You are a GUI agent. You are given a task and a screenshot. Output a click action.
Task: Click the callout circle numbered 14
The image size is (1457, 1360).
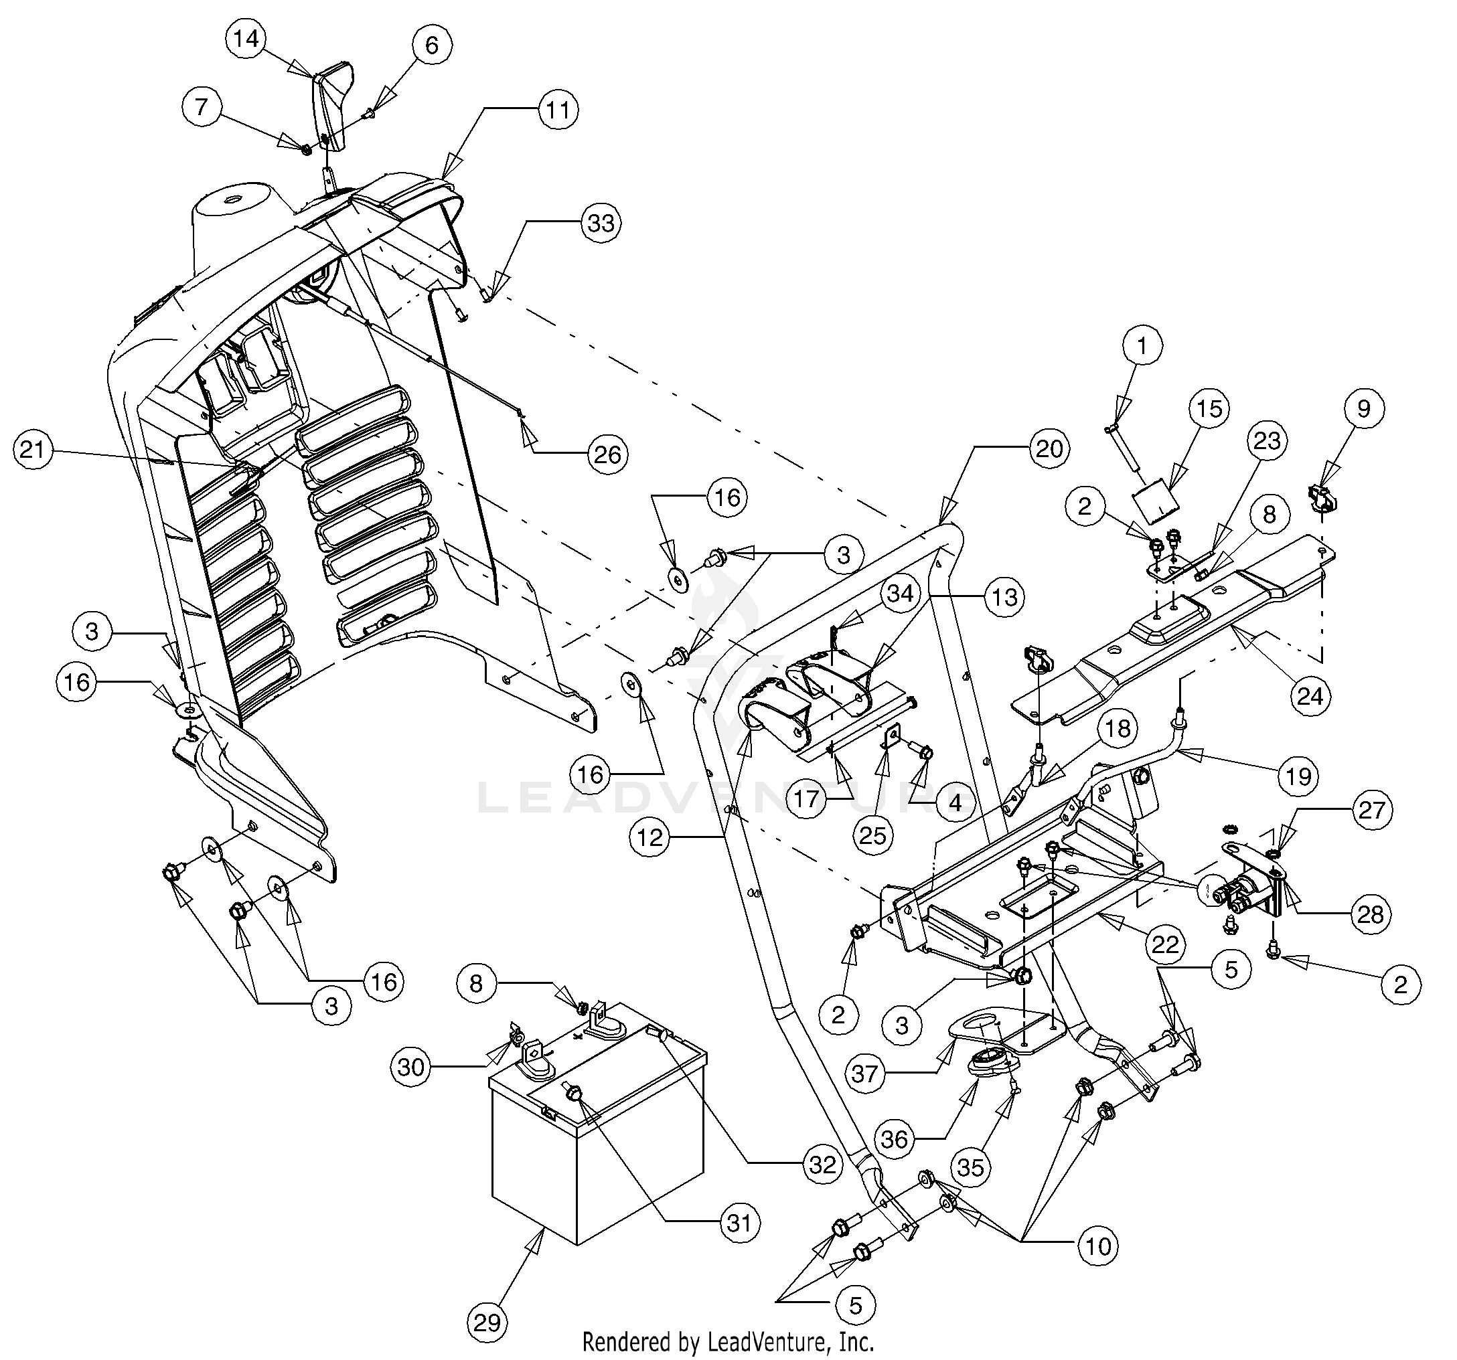coord(246,39)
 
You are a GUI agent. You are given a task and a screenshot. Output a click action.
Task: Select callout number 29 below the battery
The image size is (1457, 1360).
coord(487,1323)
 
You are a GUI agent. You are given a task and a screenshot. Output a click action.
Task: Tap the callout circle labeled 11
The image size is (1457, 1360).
coord(558,110)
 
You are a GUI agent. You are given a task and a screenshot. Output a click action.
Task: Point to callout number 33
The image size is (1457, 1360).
coord(601,223)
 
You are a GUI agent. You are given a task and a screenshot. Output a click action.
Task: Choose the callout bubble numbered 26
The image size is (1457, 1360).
coord(607,455)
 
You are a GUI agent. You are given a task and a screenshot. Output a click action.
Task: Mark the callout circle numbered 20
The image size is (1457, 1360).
coord(1049,448)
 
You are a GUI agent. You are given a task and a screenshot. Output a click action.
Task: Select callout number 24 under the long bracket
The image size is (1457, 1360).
coord(1310,695)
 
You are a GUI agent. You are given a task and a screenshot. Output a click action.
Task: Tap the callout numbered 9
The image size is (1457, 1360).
coord(1363,409)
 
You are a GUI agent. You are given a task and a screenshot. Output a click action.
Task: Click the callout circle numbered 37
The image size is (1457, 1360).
coord(865,1074)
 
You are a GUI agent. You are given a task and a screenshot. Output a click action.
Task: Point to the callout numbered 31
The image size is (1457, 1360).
coord(739,1222)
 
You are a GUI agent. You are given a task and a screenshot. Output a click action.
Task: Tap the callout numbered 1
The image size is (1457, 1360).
coord(1142,346)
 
